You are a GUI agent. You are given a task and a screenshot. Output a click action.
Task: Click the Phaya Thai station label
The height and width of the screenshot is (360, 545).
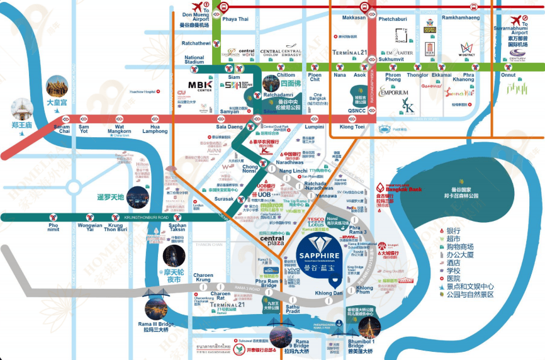235,19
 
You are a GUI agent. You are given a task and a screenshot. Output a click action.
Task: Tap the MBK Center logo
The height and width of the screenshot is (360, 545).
201,87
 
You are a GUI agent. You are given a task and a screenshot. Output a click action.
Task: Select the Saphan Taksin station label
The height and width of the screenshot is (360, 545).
177,228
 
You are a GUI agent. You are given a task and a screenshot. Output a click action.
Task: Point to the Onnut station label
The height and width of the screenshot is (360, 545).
508,75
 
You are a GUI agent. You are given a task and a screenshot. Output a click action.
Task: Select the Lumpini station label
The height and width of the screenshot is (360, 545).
314,127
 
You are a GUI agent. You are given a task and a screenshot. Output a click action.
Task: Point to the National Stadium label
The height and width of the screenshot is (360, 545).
194,60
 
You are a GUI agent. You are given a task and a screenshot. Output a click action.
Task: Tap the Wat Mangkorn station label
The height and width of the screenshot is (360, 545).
119,130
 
